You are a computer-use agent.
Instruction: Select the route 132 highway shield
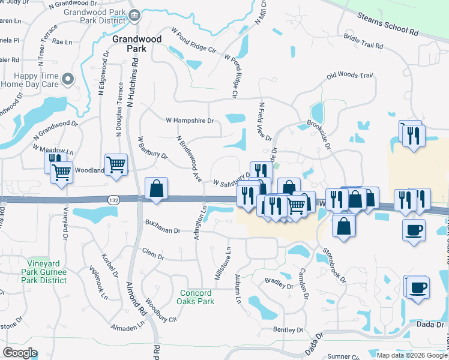click(x=113, y=199)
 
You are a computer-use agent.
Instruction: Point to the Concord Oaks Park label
click(x=196, y=297)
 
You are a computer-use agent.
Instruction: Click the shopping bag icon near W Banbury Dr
click(x=156, y=188)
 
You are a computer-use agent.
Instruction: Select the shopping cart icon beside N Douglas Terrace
click(x=116, y=163)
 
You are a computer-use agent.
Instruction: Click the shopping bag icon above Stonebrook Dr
click(x=343, y=226)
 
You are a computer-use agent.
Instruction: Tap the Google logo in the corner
click(x=20, y=352)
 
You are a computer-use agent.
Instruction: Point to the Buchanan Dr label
click(x=163, y=230)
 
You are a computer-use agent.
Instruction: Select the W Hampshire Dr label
click(x=190, y=121)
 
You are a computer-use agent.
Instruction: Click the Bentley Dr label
click(x=288, y=330)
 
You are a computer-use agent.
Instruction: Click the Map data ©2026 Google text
click(x=412, y=355)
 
